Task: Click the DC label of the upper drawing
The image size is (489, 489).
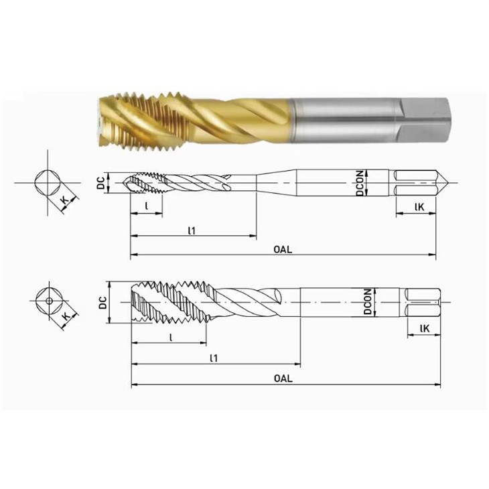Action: [100, 184]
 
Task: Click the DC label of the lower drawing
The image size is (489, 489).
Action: [102, 303]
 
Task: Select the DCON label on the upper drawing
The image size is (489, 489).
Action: [360, 183]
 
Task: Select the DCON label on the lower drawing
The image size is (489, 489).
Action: [368, 302]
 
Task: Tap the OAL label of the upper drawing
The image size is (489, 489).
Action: [283, 249]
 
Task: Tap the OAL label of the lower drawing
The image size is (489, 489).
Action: [283, 378]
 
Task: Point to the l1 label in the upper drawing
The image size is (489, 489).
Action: [192, 230]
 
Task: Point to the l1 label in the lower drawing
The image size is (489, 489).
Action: [214, 358]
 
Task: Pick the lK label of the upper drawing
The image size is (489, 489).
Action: [419, 207]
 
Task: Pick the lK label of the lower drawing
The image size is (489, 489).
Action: [425, 328]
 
